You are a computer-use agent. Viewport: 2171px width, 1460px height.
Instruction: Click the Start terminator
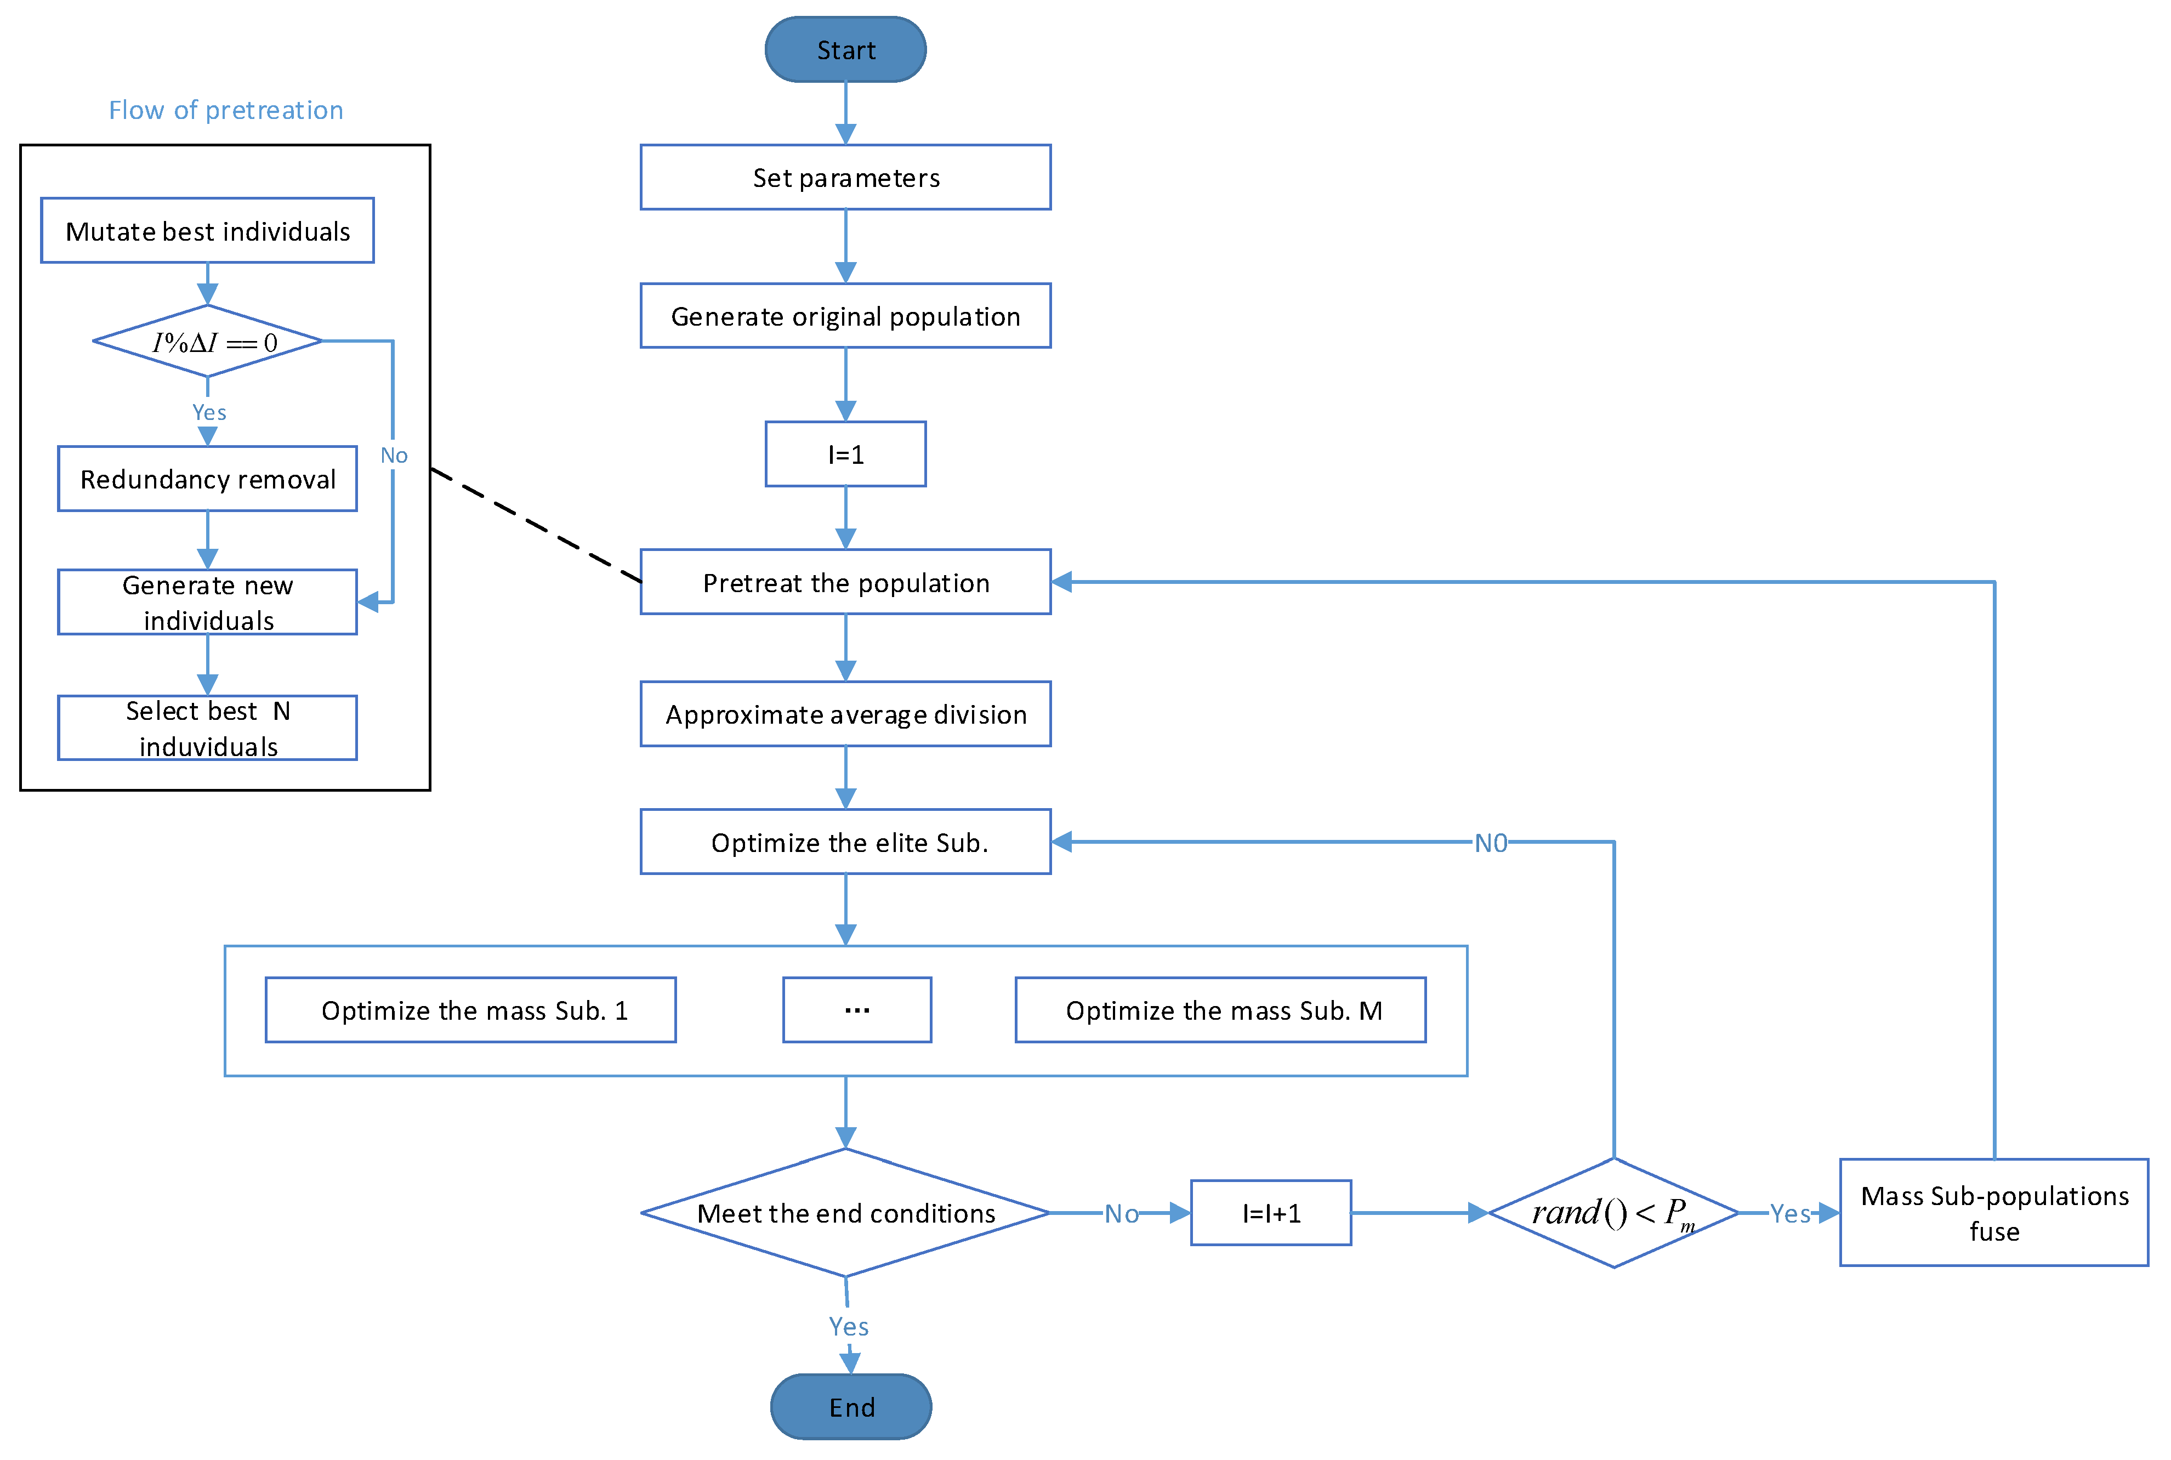click(x=845, y=49)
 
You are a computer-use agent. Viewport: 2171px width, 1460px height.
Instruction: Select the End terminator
click(x=851, y=1406)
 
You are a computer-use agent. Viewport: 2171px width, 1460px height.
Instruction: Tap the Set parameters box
click(x=845, y=177)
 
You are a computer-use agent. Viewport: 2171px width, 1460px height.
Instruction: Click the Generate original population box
click(x=845, y=316)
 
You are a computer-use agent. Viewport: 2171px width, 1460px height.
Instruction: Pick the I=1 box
click(x=845, y=455)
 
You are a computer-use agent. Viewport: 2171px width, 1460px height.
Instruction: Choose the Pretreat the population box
click(x=845, y=582)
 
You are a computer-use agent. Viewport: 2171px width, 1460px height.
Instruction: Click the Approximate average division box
click(x=845, y=714)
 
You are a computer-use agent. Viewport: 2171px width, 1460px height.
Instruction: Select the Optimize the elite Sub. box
click(x=845, y=842)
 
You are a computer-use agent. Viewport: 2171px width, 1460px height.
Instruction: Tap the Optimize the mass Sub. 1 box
click(x=471, y=1010)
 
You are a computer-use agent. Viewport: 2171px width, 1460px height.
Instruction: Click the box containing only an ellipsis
click(x=856, y=1010)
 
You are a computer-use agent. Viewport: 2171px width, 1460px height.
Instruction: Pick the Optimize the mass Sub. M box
click(x=1220, y=1010)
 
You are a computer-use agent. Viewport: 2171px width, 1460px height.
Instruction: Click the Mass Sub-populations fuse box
click(x=1994, y=1212)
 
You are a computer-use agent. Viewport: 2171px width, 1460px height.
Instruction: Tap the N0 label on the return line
click(x=1491, y=843)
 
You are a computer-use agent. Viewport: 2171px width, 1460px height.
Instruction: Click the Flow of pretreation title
click(x=226, y=110)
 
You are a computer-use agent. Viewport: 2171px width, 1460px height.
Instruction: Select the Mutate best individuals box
click(x=208, y=231)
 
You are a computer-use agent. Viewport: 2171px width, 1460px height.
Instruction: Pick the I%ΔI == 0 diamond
click(x=208, y=342)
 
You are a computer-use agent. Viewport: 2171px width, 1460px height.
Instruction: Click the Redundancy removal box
click(x=208, y=479)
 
